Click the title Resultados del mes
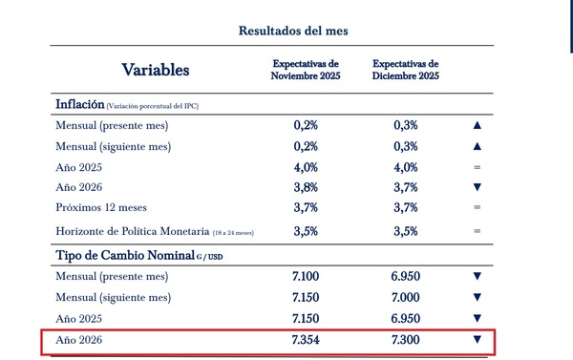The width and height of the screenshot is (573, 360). tap(293, 31)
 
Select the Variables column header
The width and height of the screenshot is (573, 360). tap(156, 70)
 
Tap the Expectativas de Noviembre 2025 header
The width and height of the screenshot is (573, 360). tap(306, 70)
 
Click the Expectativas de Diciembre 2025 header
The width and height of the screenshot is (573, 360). tap(406, 70)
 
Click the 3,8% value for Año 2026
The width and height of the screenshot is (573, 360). tap(306, 187)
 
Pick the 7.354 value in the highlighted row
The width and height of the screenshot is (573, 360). tap(306, 340)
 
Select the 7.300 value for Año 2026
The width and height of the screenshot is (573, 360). tap(406, 340)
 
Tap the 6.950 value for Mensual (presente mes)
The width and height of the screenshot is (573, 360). tap(406, 277)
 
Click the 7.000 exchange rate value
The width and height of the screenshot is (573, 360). tap(406, 298)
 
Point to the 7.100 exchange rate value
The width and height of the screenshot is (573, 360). tap(306, 277)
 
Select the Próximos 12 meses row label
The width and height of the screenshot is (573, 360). tap(115, 207)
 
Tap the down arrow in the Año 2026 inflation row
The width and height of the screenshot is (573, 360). tap(477, 187)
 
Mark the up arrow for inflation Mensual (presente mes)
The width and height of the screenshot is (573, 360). tap(477, 125)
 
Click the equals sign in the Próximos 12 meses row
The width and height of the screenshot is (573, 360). tap(477, 207)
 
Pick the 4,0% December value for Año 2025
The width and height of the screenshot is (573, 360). tap(406, 167)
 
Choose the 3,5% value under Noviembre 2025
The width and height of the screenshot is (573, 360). tap(306, 231)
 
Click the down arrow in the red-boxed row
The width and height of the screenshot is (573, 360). tap(477, 340)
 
